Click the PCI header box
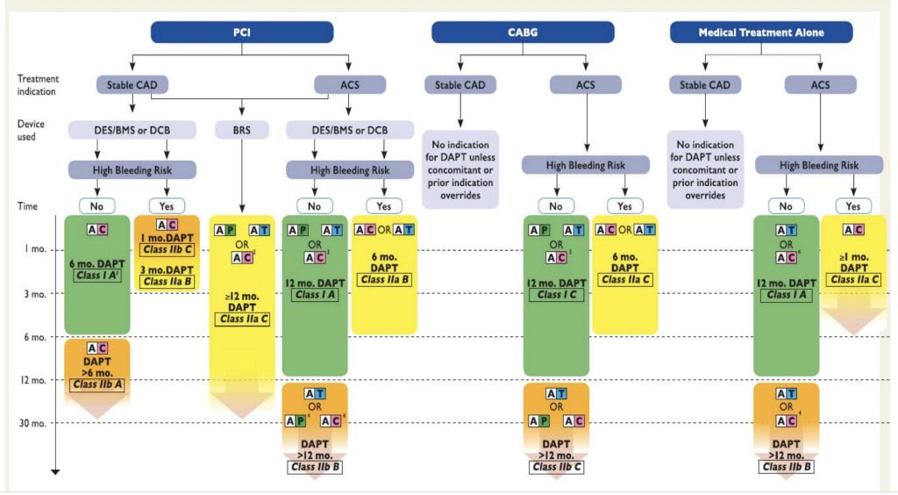tap(242, 32)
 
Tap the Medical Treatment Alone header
tap(760, 32)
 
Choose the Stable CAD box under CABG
tap(460, 86)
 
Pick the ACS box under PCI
tap(348, 86)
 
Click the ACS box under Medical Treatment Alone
tap(821, 86)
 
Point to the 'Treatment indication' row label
tap(39, 85)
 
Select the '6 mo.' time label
tap(33, 336)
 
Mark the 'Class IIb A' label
tap(96, 384)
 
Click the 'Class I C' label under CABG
tap(556, 295)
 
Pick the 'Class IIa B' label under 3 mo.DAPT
tap(166, 281)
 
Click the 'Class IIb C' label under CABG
tap(556, 467)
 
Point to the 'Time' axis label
tap(27, 205)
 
